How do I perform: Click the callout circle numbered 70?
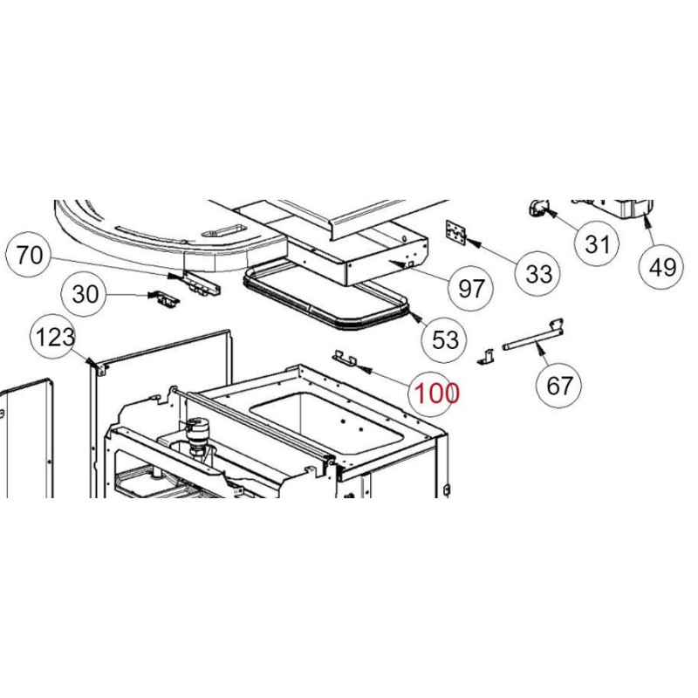point(29,256)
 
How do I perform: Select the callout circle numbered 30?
point(85,295)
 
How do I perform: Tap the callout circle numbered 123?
point(55,337)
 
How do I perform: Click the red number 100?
point(436,393)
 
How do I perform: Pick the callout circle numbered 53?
point(445,339)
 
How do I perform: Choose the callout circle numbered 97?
point(470,288)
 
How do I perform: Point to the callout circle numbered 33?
point(540,273)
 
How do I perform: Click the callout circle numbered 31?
point(597,244)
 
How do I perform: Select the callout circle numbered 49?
point(662,266)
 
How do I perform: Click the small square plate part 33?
point(455,231)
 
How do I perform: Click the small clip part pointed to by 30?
point(165,299)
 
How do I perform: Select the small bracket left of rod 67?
point(487,356)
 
